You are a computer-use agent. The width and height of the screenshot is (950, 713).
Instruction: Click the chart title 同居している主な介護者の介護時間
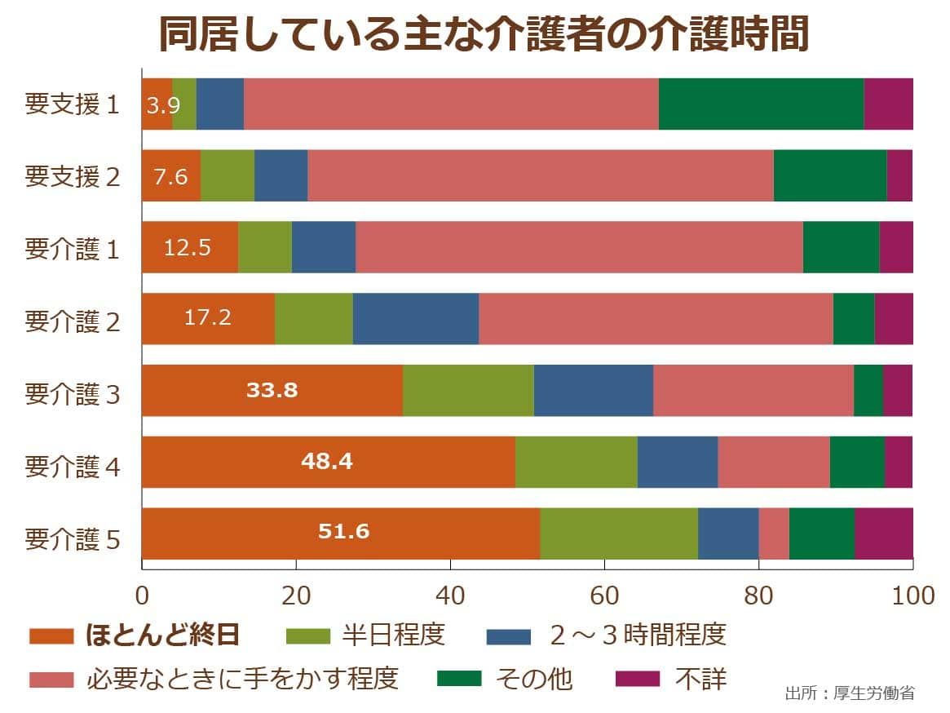[x=483, y=34]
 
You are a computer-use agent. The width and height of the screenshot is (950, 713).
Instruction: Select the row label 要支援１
[x=73, y=104]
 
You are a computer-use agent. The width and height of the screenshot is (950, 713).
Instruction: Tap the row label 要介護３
[x=73, y=392]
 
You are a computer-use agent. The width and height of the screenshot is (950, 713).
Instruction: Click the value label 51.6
[x=343, y=532]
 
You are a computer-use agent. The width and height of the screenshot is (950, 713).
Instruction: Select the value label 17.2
[x=207, y=317]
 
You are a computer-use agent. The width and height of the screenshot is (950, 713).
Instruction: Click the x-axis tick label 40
[x=450, y=595]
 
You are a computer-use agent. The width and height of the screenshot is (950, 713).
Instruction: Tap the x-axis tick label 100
[x=912, y=595]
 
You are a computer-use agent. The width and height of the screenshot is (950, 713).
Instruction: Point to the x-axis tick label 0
[x=142, y=595]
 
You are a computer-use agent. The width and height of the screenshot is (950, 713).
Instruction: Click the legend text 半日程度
[x=393, y=635]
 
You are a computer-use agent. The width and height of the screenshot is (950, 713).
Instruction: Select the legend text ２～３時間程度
[x=637, y=635]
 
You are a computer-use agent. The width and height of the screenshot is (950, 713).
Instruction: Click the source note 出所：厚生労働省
[x=850, y=693]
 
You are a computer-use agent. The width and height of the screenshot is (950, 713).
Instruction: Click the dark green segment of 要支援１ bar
[x=760, y=104]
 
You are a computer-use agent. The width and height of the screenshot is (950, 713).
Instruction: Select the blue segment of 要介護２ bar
[x=415, y=318]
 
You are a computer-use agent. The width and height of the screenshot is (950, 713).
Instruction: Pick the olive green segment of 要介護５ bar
[x=618, y=534]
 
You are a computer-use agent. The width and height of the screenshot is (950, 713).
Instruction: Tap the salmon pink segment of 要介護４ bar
[x=773, y=462]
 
